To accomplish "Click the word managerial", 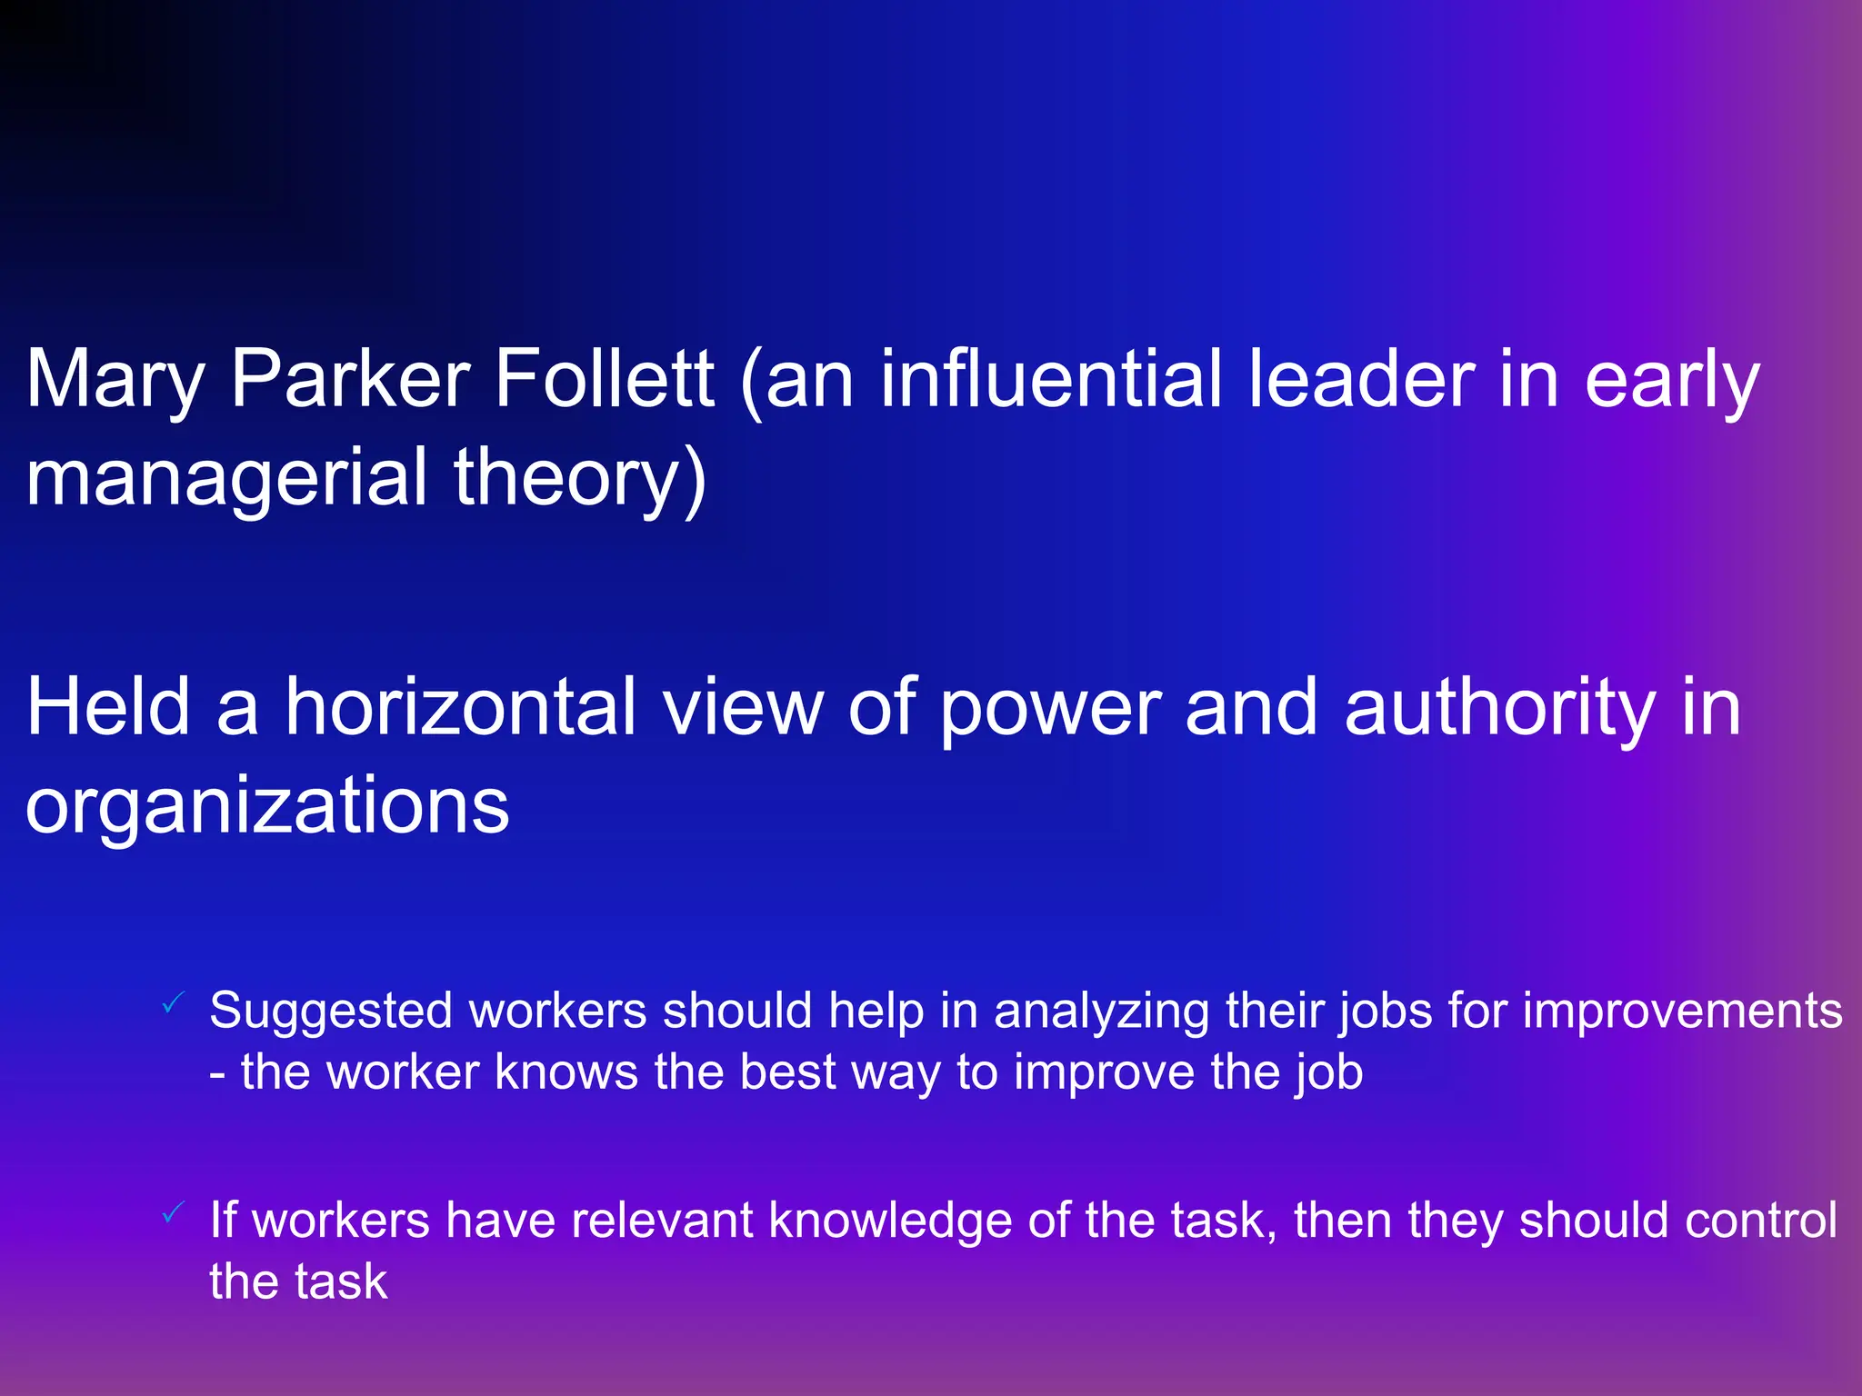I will coord(226,479).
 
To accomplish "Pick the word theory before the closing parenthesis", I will coord(567,479).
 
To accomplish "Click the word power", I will coord(1050,709).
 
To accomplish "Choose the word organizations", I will coord(267,806).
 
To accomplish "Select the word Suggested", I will coord(330,1012).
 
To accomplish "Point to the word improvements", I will coord(1682,1012).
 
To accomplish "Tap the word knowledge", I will coord(890,1221).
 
